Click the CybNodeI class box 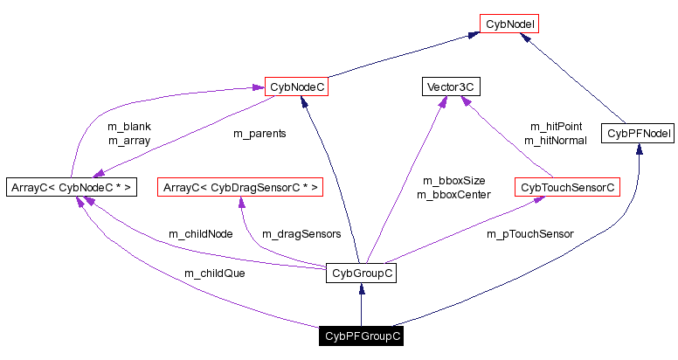pos(508,24)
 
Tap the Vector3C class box pos(451,87)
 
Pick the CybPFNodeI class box pos(639,134)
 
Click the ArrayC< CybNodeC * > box pos(71,186)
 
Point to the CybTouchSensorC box pos(567,187)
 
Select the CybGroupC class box pos(361,273)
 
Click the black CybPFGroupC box pos(361,336)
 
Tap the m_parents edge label pos(259,134)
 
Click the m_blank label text pos(129,127)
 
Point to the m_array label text pos(129,140)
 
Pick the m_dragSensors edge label pos(301,234)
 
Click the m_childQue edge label pos(214,273)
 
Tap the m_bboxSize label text pos(453,180)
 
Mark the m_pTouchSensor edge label pos(530,234)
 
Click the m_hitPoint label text pos(555,127)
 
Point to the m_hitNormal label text pos(555,140)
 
